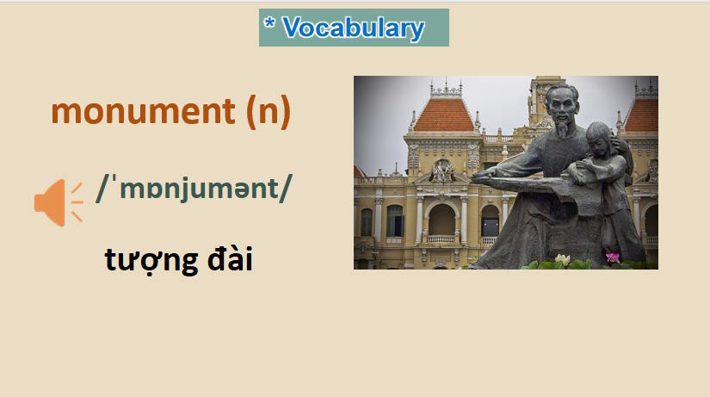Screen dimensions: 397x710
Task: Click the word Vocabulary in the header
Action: coord(353,28)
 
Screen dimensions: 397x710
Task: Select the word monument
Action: coord(142,111)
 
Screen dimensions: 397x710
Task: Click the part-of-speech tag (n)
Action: coord(268,111)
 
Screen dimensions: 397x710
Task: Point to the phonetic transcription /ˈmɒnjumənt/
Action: coord(194,188)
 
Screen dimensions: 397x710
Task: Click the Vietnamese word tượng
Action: coord(146,258)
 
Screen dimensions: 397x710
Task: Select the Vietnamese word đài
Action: coord(223,258)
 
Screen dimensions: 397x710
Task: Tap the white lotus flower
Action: coord(563,258)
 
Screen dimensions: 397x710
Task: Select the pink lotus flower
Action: coord(612,257)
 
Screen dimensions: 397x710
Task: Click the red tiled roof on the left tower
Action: coord(443,114)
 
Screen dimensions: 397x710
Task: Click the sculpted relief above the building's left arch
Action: coord(442,171)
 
